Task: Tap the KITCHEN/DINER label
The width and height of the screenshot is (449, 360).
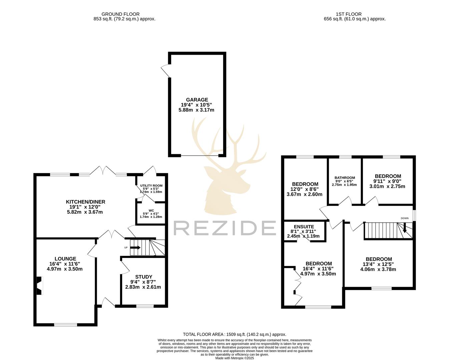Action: pos(85,202)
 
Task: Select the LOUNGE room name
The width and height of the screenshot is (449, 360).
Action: pos(65,259)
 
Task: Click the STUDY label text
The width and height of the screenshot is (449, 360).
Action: pos(143,277)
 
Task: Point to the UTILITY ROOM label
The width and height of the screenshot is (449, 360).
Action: pos(151,185)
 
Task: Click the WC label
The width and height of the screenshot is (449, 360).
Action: pos(151,210)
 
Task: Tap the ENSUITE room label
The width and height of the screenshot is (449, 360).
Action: pos(304,227)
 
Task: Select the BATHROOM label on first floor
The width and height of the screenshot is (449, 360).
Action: pos(345,178)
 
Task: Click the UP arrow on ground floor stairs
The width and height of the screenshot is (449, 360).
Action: pos(135,248)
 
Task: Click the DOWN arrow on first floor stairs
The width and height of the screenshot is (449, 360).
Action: pos(405,229)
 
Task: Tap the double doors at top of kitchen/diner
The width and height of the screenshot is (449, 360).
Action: pos(104,171)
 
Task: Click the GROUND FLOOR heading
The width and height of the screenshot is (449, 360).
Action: pos(120,14)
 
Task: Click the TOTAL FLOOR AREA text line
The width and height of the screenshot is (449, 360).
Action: pos(235,334)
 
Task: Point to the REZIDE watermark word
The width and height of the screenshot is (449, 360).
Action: pos(224,228)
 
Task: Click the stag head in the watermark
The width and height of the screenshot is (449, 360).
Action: pos(227,173)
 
